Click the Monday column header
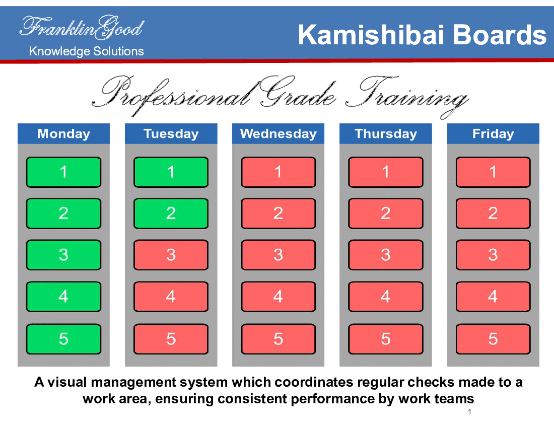tap(63, 133)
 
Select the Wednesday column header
tap(278, 133)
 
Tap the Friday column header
tap(493, 133)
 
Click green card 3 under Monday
tap(63, 255)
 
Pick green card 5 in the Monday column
tap(63, 339)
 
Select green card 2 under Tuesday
tap(171, 213)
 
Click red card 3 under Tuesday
tap(171, 255)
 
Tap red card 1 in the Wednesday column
tap(279, 172)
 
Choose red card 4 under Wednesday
tap(279, 297)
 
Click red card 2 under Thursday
tap(386, 213)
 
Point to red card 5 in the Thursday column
tap(386, 339)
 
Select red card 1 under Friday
tap(493, 172)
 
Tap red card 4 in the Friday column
tap(493, 297)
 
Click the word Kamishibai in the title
tap(371, 35)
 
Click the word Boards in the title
tap(500, 35)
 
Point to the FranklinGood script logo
tap(82, 27)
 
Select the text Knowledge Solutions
tap(87, 51)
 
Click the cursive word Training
tap(407, 95)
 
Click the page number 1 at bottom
tap(469, 412)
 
